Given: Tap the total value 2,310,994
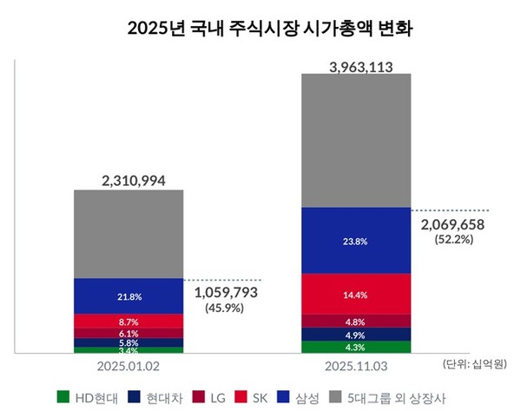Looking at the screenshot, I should [129, 180].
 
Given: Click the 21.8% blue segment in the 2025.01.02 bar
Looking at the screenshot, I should [129, 296].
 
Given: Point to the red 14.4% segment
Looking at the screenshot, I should [356, 295].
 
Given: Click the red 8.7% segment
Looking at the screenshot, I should [129, 322].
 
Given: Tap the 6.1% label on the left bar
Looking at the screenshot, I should [129, 333].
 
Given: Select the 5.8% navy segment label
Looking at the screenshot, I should [129, 342].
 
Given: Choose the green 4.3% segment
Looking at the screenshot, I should [356, 348].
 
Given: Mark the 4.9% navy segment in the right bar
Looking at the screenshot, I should [356, 335].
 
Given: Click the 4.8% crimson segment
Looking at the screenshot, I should [356, 322].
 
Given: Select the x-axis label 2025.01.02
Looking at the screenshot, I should [129, 364].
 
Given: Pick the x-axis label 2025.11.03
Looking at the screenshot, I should [356, 364].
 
